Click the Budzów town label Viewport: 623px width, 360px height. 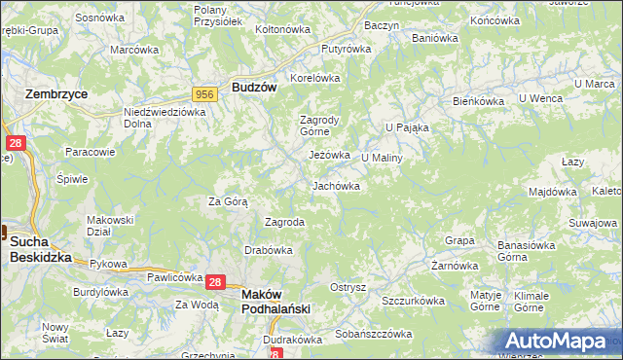point(255,87)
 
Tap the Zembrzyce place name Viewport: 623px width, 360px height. point(55,94)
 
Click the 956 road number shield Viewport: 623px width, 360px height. point(204,93)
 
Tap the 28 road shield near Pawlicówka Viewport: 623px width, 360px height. point(216,282)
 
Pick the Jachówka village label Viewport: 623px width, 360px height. point(336,186)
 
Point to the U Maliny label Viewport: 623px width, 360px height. point(382,157)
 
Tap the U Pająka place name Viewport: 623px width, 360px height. point(407,126)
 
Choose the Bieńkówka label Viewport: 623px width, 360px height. point(478,101)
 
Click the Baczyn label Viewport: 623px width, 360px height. point(381,24)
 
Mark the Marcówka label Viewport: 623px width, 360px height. point(134,50)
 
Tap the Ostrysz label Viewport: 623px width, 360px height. point(348,287)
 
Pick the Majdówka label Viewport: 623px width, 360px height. point(553,192)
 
